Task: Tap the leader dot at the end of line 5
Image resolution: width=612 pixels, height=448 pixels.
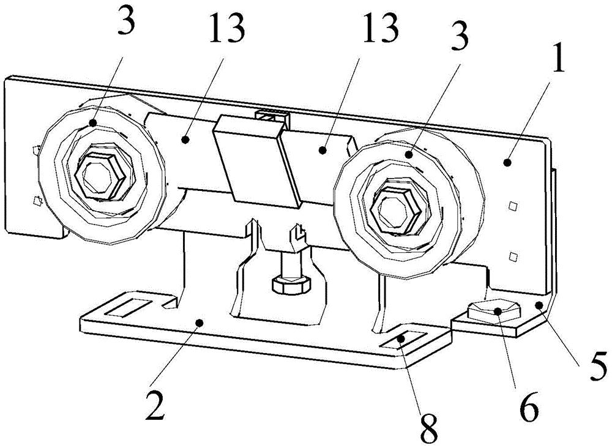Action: (x=537, y=304)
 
